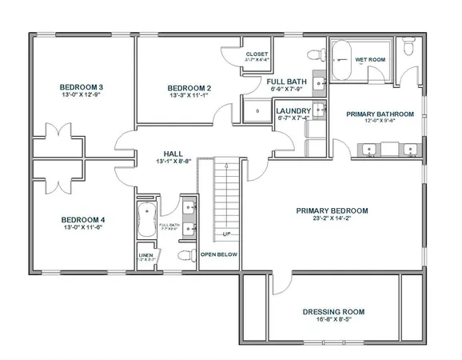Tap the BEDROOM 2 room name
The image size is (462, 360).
click(x=189, y=88)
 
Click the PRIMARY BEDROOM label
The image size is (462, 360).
click(x=332, y=211)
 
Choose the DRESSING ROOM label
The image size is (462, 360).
click(x=333, y=311)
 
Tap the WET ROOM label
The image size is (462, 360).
click(x=371, y=59)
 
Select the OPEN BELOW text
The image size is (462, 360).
click(x=219, y=254)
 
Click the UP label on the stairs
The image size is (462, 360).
click(x=227, y=234)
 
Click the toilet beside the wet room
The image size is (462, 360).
click(x=409, y=50)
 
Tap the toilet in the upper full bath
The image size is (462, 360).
click(x=313, y=54)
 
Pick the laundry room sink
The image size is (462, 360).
click(x=318, y=110)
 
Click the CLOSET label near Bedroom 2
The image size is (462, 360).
click(x=257, y=54)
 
